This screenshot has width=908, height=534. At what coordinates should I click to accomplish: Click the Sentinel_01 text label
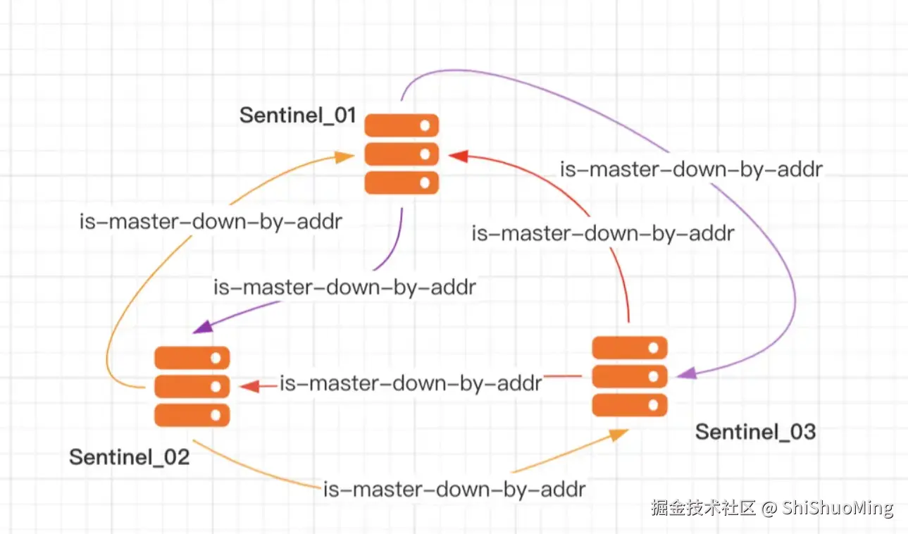[297, 115]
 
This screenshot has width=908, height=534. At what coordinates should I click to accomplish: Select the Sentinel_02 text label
[130, 457]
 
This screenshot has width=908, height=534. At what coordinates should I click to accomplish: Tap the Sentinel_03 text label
[755, 431]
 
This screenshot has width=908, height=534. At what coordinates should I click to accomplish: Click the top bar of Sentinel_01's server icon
[402, 125]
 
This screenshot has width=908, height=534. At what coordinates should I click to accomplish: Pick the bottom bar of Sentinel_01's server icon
[402, 182]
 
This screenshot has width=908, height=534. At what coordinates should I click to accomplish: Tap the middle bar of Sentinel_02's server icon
[192, 386]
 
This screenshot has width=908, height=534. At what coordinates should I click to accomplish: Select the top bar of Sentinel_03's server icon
[629, 347]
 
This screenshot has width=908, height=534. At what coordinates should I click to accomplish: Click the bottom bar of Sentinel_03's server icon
[629, 404]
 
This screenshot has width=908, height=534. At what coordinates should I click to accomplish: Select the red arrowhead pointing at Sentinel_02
[249, 386]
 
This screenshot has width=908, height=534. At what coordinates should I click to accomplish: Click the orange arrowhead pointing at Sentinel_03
[619, 435]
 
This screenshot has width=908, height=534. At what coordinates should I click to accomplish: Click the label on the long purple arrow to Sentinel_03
[691, 169]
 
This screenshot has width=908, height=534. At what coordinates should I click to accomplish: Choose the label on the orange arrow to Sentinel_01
[211, 222]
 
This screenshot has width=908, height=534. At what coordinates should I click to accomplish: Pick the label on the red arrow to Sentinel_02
[411, 383]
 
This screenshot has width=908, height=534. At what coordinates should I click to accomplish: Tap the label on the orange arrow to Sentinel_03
[454, 489]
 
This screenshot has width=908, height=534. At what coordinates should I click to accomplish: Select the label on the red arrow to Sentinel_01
[603, 233]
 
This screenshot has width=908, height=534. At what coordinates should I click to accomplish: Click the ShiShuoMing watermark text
[838, 507]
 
